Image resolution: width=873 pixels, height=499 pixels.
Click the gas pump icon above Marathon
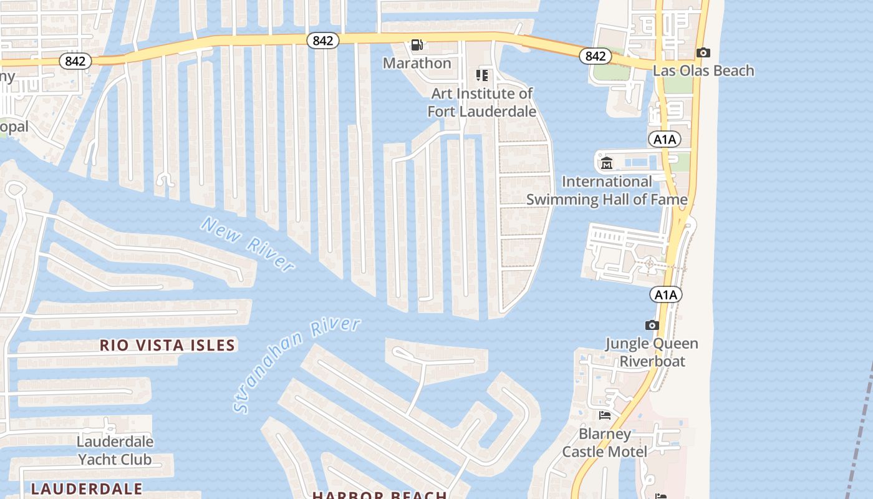point(417,45)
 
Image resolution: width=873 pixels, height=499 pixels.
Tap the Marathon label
point(417,63)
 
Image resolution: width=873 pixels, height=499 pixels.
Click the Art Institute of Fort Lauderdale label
point(481,103)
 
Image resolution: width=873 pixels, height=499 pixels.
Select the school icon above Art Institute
point(481,75)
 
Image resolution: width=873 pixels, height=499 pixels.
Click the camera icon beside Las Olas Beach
point(703,53)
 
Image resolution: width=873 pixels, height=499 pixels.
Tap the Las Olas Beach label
point(703,70)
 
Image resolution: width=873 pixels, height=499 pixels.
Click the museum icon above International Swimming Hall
point(606,164)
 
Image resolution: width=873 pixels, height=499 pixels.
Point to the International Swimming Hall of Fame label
point(607,190)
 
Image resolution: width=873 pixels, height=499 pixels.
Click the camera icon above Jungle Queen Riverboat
point(652,326)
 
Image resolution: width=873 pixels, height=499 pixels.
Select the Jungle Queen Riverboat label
point(652,352)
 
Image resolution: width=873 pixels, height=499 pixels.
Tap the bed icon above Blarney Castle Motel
point(604,415)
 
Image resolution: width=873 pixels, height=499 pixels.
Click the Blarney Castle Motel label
point(604,442)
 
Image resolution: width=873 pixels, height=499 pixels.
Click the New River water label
point(247,244)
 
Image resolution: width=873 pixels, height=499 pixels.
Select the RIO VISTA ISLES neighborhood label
point(167,346)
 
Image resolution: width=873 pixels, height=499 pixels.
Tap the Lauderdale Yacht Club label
point(114,450)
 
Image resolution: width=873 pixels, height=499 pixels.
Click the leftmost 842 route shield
point(75,61)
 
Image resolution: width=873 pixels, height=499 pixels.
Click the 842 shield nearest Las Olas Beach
point(595,56)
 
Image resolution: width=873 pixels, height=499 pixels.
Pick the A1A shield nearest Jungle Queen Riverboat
point(665,294)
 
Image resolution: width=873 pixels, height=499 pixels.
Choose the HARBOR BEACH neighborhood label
point(379,495)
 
